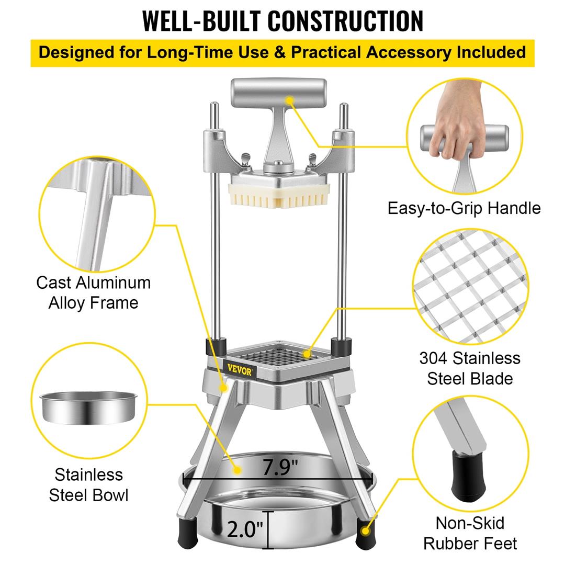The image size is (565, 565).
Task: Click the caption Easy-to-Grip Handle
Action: tap(464, 208)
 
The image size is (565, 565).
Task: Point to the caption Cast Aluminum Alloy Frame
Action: tap(93, 292)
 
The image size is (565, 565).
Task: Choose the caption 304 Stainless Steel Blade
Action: tap(470, 368)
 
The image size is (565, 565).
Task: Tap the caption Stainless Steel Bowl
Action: tap(88, 484)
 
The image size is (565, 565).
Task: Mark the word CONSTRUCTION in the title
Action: tap(346, 21)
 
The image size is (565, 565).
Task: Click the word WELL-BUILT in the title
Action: tap(202, 21)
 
